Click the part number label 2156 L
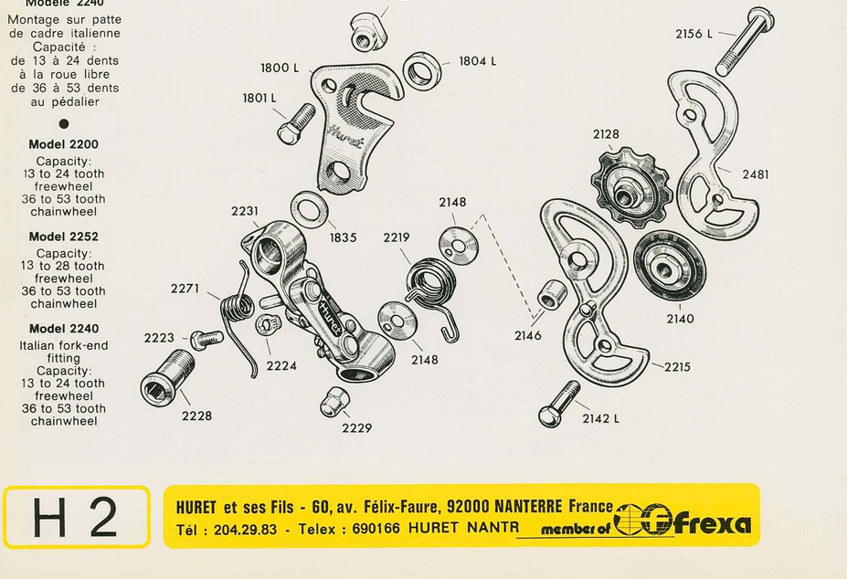693,34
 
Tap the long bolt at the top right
744,42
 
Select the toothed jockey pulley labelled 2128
630,187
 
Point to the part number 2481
755,174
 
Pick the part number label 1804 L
477,61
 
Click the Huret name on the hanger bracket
345,136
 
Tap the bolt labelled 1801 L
295,124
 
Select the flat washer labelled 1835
310,211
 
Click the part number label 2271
185,289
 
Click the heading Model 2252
63,237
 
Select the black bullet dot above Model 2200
64,123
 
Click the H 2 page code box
77,517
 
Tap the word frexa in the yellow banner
713,522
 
